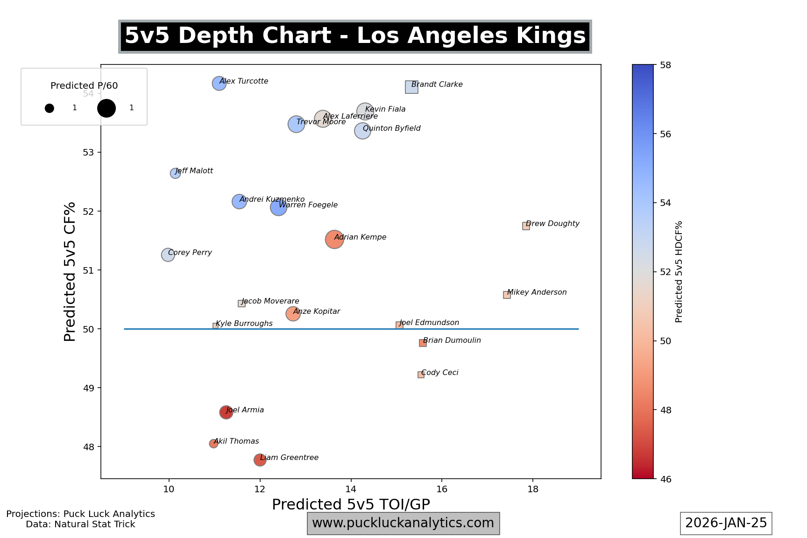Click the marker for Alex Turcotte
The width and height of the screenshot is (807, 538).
click(x=219, y=84)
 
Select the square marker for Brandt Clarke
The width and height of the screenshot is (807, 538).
click(x=411, y=87)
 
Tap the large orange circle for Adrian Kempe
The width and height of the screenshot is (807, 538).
click(x=334, y=240)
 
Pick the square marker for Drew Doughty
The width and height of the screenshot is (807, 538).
click(x=526, y=226)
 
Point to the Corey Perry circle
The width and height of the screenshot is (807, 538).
click(x=168, y=255)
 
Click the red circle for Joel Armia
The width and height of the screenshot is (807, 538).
click(x=226, y=412)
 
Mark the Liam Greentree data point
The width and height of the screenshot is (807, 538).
click(x=260, y=460)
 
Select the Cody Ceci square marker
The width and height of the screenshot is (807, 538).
click(x=421, y=375)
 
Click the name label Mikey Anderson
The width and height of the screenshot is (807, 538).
click(x=537, y=292)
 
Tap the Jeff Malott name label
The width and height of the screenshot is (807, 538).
click(x=194, y=171)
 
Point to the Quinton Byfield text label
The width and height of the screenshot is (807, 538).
click(x=391, y=128)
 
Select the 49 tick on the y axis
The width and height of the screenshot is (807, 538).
click(x=88, y=388)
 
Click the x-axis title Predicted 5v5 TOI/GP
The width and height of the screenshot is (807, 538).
click(x=351, y=504)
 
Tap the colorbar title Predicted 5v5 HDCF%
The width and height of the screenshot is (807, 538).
click(x=679, y=272)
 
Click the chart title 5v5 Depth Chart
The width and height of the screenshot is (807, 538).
click(x=355, y=36)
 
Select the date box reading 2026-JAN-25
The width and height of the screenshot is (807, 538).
click(x=726, y=523)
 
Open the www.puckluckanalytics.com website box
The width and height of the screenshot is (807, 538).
click(x=403, y=523)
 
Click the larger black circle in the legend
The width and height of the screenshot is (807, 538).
click(x=106, y=108)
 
